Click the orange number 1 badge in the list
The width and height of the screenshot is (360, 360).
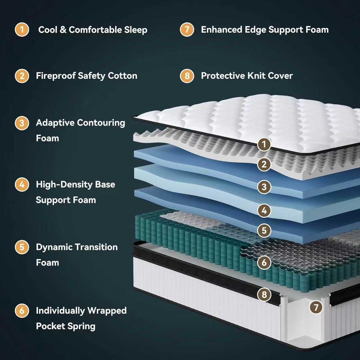pyautogui.click(x=22, y=30)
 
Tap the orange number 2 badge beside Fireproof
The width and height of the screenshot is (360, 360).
pyautogui.click(x=22, y=76)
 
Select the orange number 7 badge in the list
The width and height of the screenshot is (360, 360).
pyautogui.click(x=187, y=30)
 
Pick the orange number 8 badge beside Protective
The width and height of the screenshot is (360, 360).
pyautogui.click(x=187, y=76)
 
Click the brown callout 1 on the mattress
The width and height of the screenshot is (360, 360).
pyautogui.click(x=264, y=144)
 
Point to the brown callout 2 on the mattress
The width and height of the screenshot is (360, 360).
pyautogui.click(x=264, y=164)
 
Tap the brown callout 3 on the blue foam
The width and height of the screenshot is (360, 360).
pyautogui.click(x=264, y=187)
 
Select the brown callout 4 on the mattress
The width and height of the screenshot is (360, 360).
pyautogui.click(x=264, y=210)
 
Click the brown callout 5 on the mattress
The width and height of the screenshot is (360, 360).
pyautogui.click(x=264, y=231)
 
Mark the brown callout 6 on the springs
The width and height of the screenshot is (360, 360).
pyautogui.click(x=264, y=262)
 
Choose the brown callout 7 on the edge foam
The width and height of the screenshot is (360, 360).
pyautogui.click(x=316, y=307)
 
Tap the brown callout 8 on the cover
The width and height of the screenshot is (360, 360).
pyautogui.click(x=264, y=294)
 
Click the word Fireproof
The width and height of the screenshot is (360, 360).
pyautogui.click(x=56, y=76)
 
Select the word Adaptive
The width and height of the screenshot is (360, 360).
pyautogui.click(x=55, y=123)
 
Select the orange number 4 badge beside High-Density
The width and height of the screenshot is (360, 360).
pyautogui.click(x=22, y=184)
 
